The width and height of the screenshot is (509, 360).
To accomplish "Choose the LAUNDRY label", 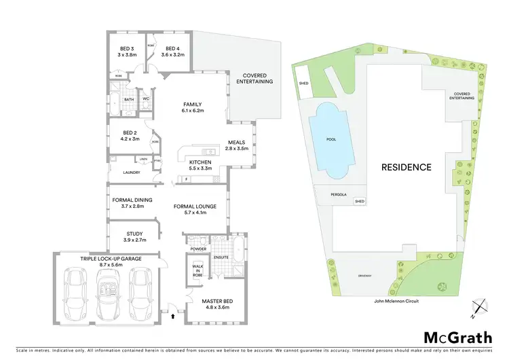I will click(131, 173).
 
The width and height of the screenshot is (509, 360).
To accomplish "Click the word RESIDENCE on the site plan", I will click(405, 166).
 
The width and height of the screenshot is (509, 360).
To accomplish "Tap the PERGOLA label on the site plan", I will click(339, 194).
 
